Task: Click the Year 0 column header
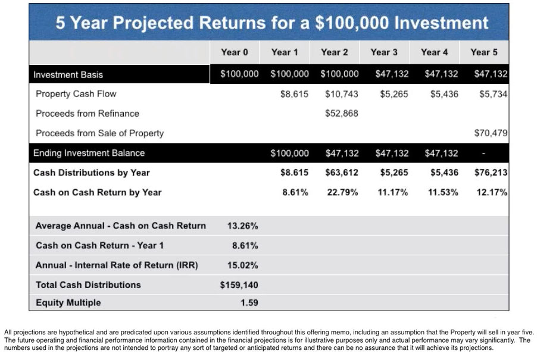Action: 234,52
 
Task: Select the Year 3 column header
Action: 384,52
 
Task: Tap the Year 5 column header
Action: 484,52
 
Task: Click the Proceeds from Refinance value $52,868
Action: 342,113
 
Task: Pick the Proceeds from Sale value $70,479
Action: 491,133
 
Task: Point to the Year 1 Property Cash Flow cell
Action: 294,94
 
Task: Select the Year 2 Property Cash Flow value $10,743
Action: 342,94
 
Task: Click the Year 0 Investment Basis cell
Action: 239,74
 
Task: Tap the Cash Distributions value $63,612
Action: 342,173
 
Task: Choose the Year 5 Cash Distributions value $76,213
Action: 491,173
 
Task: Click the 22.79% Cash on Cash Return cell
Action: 342,192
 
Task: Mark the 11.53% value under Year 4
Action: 443,192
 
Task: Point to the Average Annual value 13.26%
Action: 242,226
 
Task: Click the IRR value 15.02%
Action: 242,265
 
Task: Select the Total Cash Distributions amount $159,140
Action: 239,285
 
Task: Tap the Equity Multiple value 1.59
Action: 249,302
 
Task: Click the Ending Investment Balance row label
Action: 89,153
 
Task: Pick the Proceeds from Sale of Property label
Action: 99,133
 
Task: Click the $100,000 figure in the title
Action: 352,23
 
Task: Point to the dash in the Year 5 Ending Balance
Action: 483,154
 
